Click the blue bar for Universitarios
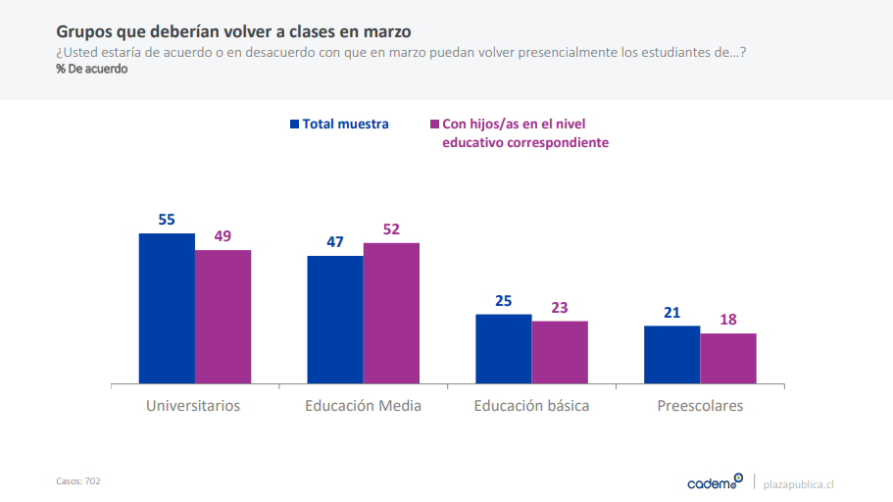(x=167, y=308)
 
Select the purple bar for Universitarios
(x=223, y=317)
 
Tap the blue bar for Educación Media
(x=335, y=320)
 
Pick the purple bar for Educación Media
(x=391, y=313)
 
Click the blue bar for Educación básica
(x=504, y=349)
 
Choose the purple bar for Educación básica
(x=560, y=352)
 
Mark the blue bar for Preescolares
(x=671, y=355)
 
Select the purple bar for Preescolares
(x=728, y=359)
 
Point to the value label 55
(x=167, y=220)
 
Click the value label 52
(x=391, y=229)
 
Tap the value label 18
(x=728, y=320)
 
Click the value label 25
(x=504, y=301)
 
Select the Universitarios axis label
(x=193, y=405)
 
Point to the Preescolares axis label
(x=700, y=405)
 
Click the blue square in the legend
(x=294, y=125)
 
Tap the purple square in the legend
(x=434, y=125)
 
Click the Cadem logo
(x=715, y=481)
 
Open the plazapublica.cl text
(x=799, y=482)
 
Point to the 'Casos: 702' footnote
(x=78, y=481)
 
